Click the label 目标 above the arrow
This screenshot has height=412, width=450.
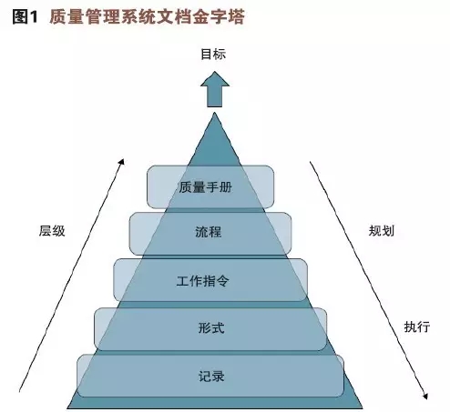(213, 55)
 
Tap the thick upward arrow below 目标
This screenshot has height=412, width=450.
(215, 89)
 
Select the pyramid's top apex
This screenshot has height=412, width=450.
(215, 113)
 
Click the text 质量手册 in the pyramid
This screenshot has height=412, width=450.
(206, 187)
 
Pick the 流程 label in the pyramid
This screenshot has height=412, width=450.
(209, 232)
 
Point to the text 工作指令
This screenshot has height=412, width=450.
(202, 281)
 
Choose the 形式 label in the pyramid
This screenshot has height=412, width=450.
(211, 327)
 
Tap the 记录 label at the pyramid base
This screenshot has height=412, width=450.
(211, 377)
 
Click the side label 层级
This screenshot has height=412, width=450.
(52, 231)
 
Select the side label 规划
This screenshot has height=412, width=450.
(382, 231)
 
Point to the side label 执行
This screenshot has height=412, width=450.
(417, 327)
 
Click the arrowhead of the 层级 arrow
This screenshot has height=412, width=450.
(122, 162)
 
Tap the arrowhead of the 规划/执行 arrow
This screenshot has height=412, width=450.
(425, 396)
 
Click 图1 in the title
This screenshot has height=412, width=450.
(26, 16)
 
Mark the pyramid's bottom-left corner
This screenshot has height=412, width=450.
(67, 407)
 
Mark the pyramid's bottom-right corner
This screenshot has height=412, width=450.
(363, 407)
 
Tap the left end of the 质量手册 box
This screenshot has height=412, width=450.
(148, 187)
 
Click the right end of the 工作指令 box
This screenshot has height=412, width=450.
(307, 280)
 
